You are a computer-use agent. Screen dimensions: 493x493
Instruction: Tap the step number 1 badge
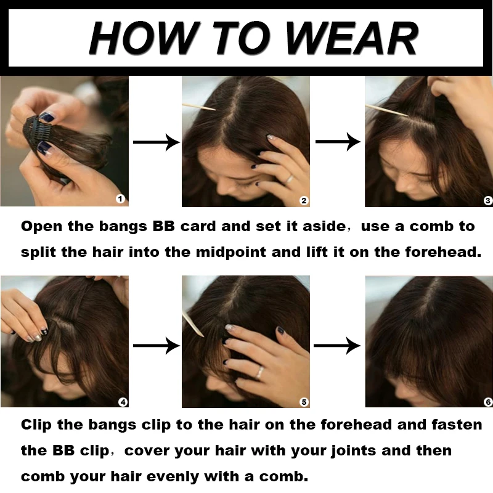coord(120,198)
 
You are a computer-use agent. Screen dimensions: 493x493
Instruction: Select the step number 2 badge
coord(303,200)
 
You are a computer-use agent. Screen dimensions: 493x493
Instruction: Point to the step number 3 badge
coord(487,200)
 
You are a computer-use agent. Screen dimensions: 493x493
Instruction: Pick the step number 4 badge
coord(123,402)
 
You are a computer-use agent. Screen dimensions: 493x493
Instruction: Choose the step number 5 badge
coord(303,402)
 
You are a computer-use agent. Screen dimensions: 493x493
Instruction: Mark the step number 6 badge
coord(487,402)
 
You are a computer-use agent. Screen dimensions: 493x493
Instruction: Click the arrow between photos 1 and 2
coord(156,142)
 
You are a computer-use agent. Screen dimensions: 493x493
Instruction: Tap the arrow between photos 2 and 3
coord(338,142)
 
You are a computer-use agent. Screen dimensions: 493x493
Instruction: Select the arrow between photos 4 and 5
coord(156,346)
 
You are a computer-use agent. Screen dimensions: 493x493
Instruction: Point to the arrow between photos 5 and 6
coord(338,346)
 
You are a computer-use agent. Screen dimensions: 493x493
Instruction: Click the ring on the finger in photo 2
coord(289,179)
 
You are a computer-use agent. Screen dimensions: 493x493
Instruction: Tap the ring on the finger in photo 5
coord(261,372)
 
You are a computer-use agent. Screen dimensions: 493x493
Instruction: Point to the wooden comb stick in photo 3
coord(386,110)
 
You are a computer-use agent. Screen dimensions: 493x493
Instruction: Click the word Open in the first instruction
coord(42,226)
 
